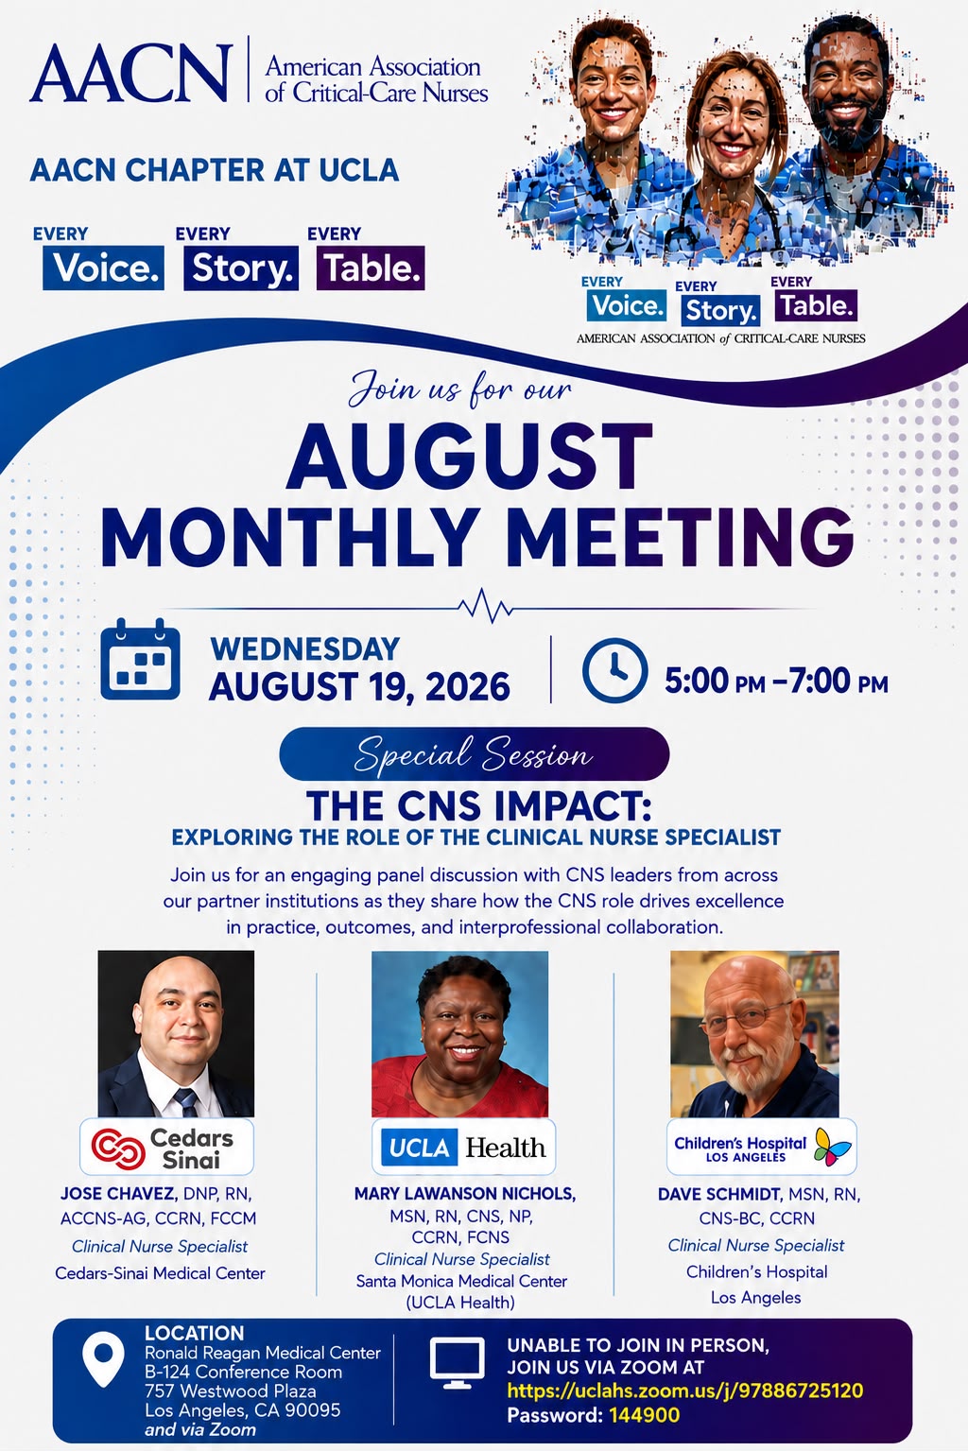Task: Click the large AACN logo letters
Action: pos(130,73)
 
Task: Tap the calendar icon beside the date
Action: pos(140,659)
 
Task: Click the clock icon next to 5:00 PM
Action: pos(614,670)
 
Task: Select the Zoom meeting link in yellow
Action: pos(684,1391)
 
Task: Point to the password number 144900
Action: pos(645,1415)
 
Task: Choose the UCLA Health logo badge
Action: pos(463,1148)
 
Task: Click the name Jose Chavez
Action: pos(118,1193)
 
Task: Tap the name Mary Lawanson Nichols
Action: pos(464,1193)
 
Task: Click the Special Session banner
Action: pos(475,754)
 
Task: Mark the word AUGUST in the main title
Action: pos(469,456)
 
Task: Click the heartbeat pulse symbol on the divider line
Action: pos(485,606)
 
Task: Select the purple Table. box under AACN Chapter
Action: pos(371,268)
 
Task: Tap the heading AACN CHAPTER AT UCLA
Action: pos(215,170)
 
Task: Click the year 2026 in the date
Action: pos(468,686)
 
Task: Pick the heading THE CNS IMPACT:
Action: pos(479,806)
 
